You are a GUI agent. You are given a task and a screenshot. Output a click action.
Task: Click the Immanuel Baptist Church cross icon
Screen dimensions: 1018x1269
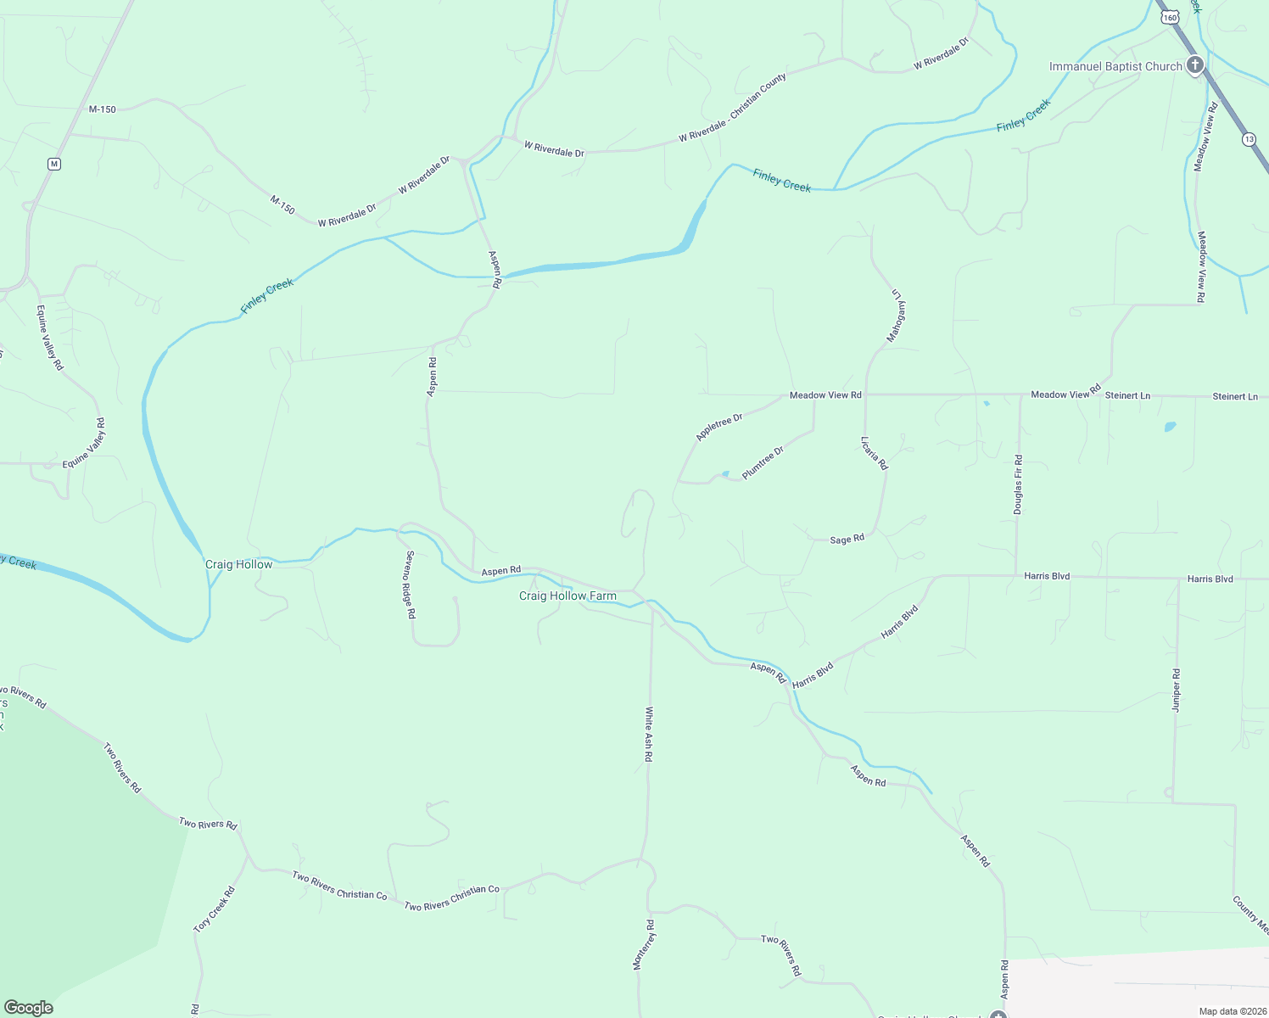pyautogui.click(x=1195, y=65)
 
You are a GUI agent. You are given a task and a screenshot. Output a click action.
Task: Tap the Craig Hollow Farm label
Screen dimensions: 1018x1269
pyautogui.click(x=567, y=596)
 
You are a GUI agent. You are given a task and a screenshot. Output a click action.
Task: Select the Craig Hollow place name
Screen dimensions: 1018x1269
pyautogui.click(x=239, y=564)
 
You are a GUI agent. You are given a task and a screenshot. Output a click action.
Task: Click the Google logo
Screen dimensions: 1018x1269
pyautogui.click(x=29, y=1008)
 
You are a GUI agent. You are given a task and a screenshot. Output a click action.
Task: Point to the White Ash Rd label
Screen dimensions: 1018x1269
pyautogui.click(x=648, y=735)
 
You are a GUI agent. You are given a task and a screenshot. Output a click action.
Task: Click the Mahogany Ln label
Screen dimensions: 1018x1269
pyautogui.click(x=897, y=316)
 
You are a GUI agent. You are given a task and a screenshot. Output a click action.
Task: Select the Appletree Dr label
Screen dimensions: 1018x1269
pyautogui.click(x=719, y=427)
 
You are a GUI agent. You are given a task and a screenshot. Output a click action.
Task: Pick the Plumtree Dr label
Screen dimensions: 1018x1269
pyautogui.click(x=763, y=463)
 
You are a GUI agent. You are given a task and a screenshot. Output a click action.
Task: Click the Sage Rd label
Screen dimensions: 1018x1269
pyautogui.click(x=847, y=540)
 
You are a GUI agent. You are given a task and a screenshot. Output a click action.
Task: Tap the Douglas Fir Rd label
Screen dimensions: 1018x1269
pyautogui.click(x=1018, y=484)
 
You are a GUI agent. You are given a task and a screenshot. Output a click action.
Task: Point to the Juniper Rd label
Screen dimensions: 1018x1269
pyautogui.click(x=1177, y=690)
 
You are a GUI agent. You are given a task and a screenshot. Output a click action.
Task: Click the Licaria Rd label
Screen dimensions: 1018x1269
pyautogui.click(x=874, y=453)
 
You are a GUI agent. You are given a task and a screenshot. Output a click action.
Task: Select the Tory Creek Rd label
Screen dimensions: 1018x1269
pyautogui.click(x=214, y=910)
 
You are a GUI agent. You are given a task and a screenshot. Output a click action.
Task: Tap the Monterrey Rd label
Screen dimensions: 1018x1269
pyautogui.click(x=644, y=944)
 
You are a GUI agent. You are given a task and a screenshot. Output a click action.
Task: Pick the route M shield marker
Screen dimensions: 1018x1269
pyautogui.click(x=54, y=164)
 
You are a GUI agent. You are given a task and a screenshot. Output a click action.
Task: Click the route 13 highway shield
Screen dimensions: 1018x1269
pyautogui.click(x=1249, y=138)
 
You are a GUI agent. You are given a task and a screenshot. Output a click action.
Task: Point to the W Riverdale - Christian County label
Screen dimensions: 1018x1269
pyautogui.click(x=733, y=108)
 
